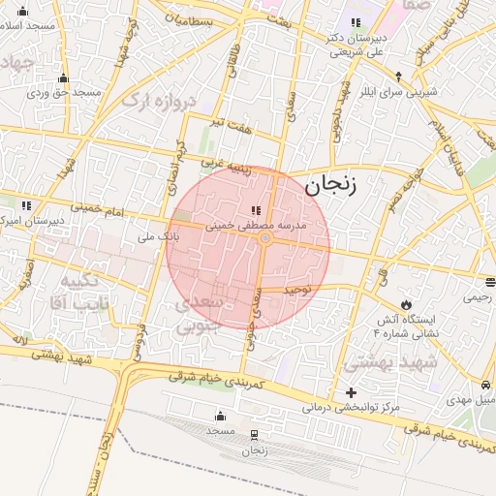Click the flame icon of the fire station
pyautogui.click(x=405, y=304)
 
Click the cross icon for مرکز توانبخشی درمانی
pyautogui.click(x=351, y=392)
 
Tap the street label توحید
pyautogui.click(x=297, y=290)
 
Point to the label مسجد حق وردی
pyautogui.click(x=64, y=92)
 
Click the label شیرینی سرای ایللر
pyautogui.click(x=398, y=91)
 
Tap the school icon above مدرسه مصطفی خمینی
pyautogui.click(x=255, y=210)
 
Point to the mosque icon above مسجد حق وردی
pyautogui.click(x=64, y=77)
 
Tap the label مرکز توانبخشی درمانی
pyautogui.click(x=351, y=408)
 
